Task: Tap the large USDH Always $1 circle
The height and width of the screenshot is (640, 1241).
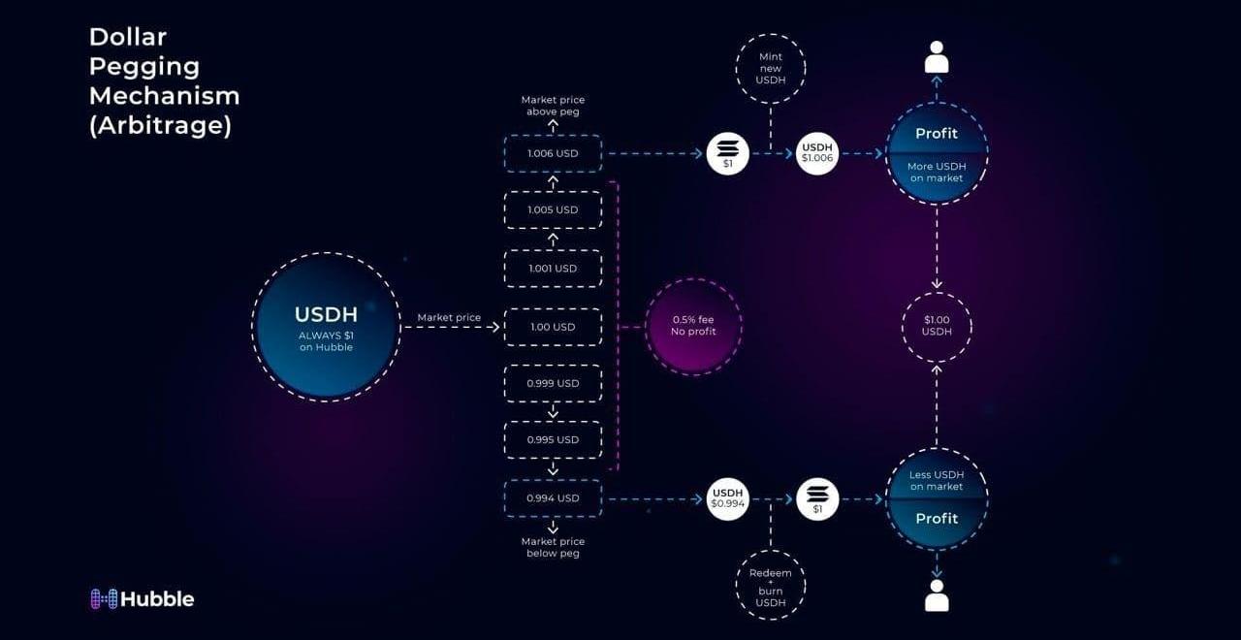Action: [x=327, y=327]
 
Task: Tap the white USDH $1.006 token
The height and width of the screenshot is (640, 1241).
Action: [x=817, y=153]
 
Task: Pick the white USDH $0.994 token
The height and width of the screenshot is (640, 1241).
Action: [x=727, y=499]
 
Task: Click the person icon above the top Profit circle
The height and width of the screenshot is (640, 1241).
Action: [x=937, y=56]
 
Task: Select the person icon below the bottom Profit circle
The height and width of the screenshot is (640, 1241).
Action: [x=937, y=595]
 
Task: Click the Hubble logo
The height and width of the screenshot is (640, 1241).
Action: [x=143, y=599]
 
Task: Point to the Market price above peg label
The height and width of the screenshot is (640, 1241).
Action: [x=553, y=106]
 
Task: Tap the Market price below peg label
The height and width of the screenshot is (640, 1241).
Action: [x=553, y=548]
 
